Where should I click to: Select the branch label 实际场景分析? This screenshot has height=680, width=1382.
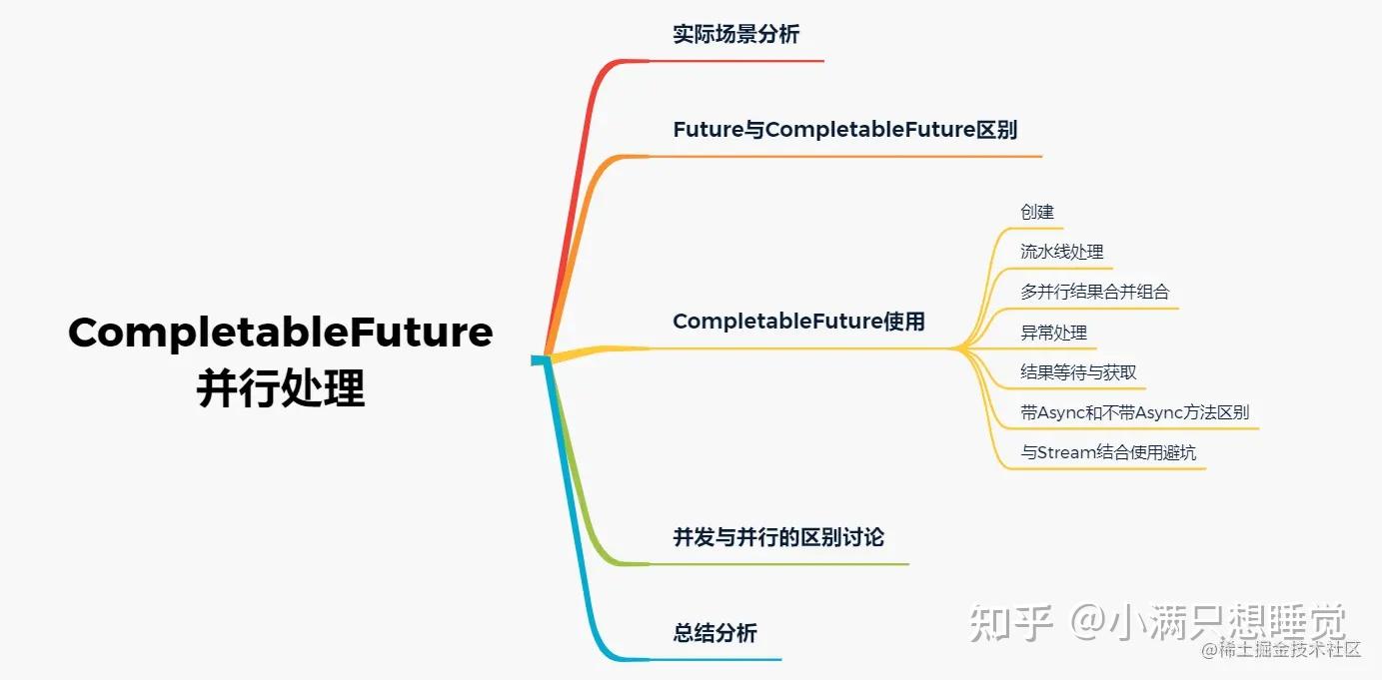[x=736, y=34]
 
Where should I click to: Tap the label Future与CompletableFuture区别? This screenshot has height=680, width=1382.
[x=845, y=130]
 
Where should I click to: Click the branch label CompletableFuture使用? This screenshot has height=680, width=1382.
[x=798, y=322]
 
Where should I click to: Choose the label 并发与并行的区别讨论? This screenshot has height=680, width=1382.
[x=778, y=537]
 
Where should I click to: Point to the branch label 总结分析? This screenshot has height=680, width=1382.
[x=714, y=633]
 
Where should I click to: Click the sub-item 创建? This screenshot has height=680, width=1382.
[x=1037, y=212]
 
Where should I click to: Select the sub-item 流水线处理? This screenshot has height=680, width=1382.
[x=1062, y=252]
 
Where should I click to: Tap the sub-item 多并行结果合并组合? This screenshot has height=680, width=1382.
[x=1094, y=292]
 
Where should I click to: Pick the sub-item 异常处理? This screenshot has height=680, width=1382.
[x=1053, y=333]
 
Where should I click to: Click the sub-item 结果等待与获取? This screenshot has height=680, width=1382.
[x=1078, y=372]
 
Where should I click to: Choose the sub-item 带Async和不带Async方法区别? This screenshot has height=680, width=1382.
[x=1134, y=412]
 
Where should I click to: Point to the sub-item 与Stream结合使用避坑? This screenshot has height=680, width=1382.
[x=1108, y=452]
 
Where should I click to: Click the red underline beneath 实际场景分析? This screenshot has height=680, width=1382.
[x=739, y=61]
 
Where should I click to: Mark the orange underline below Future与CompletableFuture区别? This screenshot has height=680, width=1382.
[x=849, y=157]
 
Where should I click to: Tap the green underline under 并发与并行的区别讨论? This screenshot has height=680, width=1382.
[x=779, y=564]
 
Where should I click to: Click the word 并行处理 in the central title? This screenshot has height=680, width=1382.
[x=281, y=387]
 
